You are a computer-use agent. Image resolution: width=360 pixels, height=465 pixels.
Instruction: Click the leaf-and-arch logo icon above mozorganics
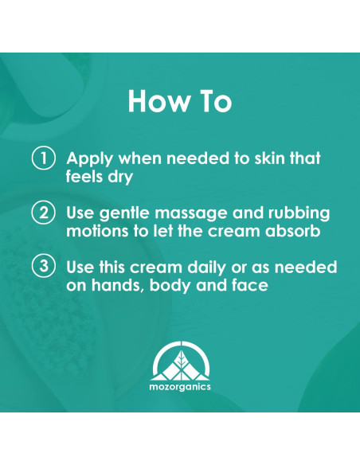pos(180,358)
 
